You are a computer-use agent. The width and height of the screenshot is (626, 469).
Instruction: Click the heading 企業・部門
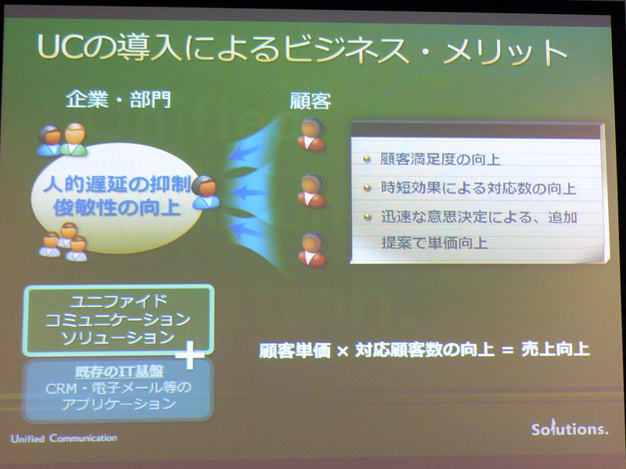(x=118, y=100)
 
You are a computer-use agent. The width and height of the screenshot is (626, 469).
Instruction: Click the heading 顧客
(x=310, y=101)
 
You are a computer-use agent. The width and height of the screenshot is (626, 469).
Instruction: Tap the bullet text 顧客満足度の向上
(x=440, y=159)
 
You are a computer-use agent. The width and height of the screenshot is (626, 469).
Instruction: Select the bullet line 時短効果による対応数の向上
(x=478, y=188)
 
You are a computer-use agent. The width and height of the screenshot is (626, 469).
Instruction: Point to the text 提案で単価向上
(x=434, y=242)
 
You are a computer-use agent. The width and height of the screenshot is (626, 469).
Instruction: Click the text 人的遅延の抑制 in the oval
(x=117, y=184)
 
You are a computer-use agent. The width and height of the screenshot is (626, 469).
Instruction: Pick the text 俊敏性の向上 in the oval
(x=117, y=208)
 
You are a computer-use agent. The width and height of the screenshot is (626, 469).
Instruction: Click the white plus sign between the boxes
(x=190, y=354)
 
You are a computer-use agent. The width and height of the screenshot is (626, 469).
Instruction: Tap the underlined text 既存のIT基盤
(x=119, y=372)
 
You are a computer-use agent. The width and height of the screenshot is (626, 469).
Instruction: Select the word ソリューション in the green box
(x=118, y=338)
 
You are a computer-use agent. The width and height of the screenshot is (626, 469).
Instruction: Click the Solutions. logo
(x=570, y=428)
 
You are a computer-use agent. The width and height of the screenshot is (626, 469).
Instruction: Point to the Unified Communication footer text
(x=64, y=439)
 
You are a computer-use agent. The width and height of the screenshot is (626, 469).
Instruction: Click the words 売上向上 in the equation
(x=556, y=349)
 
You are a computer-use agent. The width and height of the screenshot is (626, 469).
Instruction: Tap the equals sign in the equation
(x=507, y=350)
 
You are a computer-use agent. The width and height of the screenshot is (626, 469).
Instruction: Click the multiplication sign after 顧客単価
(x=343, y=351)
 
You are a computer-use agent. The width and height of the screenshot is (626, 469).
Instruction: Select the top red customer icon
(x=311, y=134)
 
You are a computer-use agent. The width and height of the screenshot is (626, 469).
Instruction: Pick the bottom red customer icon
(x=311, y=249)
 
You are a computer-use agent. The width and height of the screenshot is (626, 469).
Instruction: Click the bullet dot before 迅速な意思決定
(x=367, y=217)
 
